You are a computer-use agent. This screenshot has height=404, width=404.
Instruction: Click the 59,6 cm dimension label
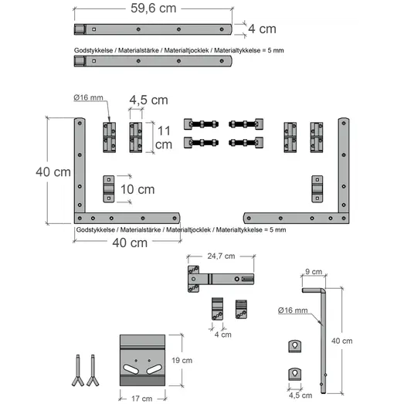coord(153,8)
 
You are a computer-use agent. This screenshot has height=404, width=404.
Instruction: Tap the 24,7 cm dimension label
coord(221,256)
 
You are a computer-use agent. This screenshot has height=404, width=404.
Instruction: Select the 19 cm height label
coord(182,360)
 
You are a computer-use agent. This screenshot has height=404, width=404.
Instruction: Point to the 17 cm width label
coord(141,399)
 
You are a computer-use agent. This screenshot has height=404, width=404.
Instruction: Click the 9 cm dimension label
coord(314,272)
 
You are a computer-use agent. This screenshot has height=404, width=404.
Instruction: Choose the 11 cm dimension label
coord(164,137)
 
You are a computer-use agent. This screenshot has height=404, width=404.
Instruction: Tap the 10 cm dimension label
coord(137,189)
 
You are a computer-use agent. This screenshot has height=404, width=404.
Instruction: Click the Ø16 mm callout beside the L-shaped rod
coord(293,311)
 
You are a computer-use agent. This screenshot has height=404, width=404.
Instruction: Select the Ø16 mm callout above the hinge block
coord(88,97)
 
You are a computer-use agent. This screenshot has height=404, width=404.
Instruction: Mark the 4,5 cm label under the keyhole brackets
coord(300,396)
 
